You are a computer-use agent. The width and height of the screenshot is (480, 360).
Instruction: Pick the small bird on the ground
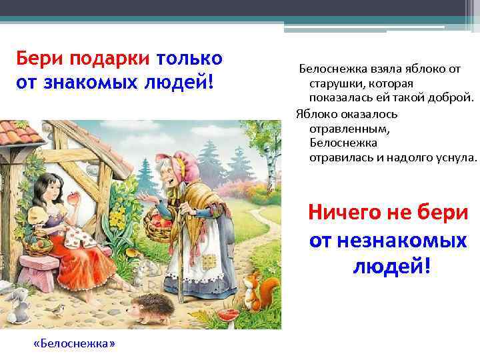58,308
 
